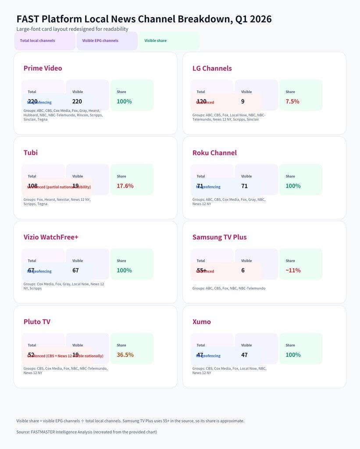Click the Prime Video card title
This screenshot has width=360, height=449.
(43, 68)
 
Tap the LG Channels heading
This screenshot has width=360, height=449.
(212, 68)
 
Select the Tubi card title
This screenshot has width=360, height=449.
(30, 153)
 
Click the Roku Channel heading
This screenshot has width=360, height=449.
(214, 153)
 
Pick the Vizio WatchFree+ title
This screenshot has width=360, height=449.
(51, 237)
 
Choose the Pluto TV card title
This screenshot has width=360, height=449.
(37, 322)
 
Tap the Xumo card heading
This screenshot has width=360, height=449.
(201, 322)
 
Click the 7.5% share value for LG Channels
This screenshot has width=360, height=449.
(292, 101)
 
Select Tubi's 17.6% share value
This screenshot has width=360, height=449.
(125, 186)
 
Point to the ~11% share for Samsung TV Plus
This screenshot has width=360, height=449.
(293, 271)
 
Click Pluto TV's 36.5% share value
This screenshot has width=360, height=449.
(125, 355)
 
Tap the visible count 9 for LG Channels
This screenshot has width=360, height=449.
(243, 101)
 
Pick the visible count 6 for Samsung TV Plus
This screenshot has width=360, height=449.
(243, 271)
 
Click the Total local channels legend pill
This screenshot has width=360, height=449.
(38, 41)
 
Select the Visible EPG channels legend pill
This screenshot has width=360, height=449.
(100, 41)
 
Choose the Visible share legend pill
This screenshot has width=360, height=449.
(156, 41)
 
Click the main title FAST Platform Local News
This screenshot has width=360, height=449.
(144, 19)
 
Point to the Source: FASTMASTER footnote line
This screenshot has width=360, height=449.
(86, 432)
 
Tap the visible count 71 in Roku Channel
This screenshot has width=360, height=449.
(244, 186)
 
